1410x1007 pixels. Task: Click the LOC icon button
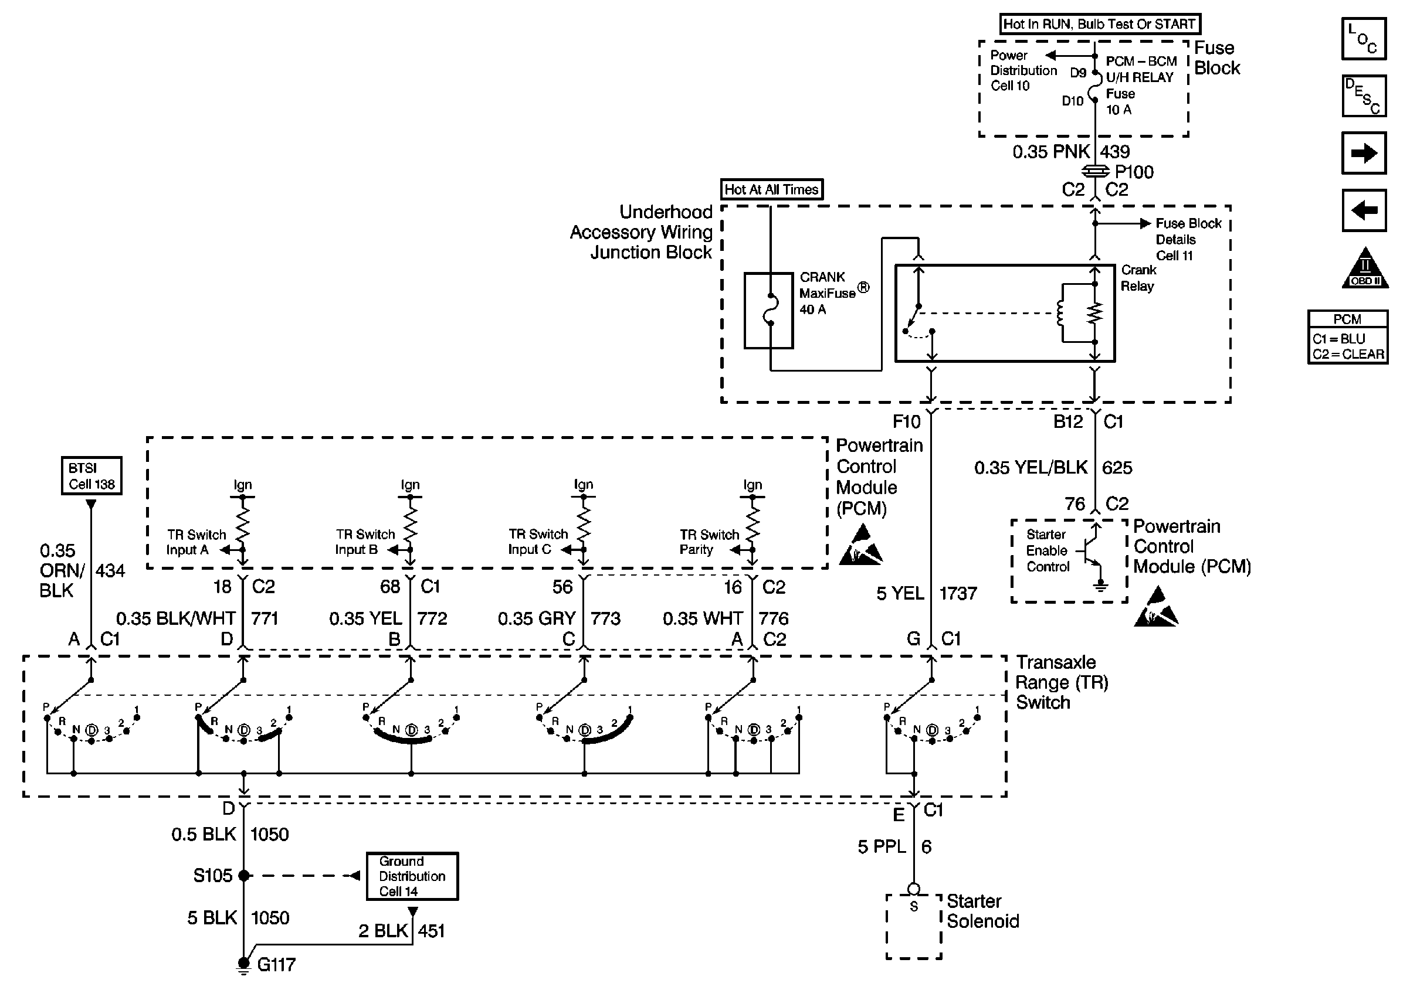(x=1364, y=39)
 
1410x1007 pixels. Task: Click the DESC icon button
(x=1364, y=96)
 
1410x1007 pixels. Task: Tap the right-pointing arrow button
(x=1364, y=152)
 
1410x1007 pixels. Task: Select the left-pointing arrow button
(x=1364, y=210)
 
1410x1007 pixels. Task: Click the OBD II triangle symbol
(x=1365, y=268)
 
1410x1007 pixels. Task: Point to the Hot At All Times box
(x=771, y=189)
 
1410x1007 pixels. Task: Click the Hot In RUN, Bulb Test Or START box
(x=1099, y=24)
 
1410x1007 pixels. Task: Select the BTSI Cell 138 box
(x=91, y=475)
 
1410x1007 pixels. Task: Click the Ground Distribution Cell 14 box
(x=412, y=876)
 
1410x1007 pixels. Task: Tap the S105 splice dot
(x=244, y=876)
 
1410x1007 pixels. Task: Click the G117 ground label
(x=276, y=964)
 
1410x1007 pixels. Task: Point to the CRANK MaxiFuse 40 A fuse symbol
(x=768, y=310)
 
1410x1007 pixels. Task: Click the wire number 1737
(x=958, y=593)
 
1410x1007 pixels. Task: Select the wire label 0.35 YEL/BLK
(x=1031, y=468)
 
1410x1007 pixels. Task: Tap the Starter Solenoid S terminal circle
(x=913, y=889)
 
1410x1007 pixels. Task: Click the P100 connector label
(x=1134, y=172)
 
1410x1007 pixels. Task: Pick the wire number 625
(x=1117, y=468)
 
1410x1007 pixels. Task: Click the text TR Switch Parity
(x=709, y=542)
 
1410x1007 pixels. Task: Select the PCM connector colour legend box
(x=1347, y=336)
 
